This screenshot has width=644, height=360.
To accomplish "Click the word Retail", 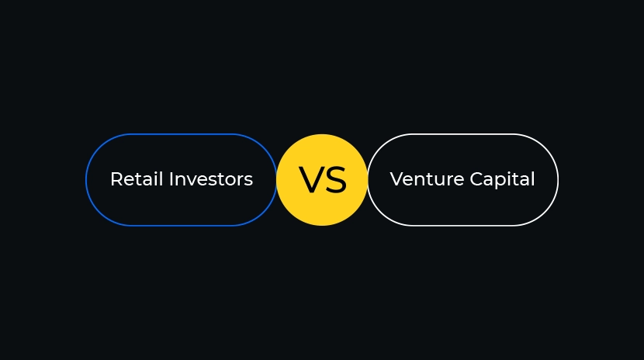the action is (x=137, y=179).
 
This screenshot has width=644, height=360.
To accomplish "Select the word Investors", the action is (x=211, y=179).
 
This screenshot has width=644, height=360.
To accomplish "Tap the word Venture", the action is (x=428, y=179).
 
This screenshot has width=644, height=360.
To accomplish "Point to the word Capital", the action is (x=502, y=181).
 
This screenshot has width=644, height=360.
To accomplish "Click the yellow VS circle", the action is (x=322, y=180).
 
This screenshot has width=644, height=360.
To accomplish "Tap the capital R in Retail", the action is (x=117, y=179).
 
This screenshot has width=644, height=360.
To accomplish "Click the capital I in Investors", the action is (x=171, y=179).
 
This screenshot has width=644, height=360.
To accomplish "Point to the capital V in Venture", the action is (x=397, y=179).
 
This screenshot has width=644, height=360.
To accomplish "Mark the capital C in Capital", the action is (x=477, y=179).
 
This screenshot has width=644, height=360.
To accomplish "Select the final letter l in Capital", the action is (x=534, y=179).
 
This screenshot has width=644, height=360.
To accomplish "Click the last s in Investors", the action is (x=248, y=181).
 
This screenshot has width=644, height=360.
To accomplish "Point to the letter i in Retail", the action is (x=156, y=179).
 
